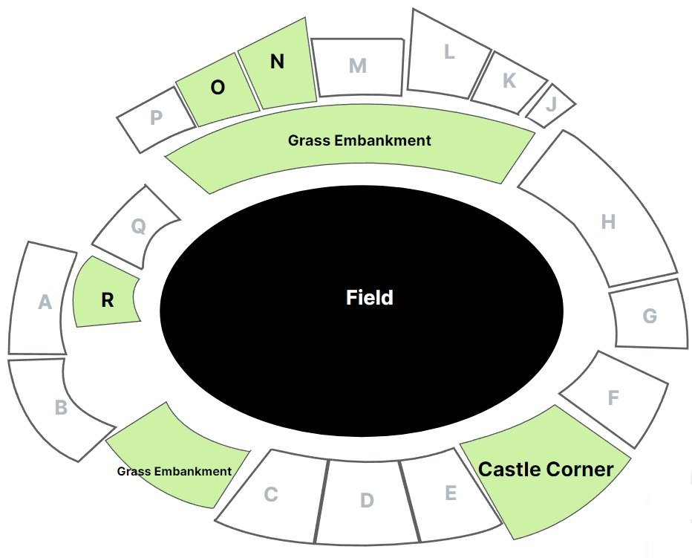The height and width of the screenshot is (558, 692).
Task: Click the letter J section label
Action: [550, 103]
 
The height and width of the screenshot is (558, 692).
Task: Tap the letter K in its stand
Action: [509, 81]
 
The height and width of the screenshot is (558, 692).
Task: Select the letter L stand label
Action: [448, 52]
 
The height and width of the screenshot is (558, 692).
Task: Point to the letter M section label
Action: [358, 66]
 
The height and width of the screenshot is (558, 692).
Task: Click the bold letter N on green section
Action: [277, 62]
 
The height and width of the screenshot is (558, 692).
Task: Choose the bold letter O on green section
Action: [218, 88]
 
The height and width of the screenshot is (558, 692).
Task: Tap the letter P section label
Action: [156, 117]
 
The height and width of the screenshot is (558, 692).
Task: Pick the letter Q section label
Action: [138, 227]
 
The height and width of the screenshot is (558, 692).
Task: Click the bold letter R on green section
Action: [108, 300]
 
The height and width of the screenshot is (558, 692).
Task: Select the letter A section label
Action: [45, 302]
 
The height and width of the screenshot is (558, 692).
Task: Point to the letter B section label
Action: [62, 407]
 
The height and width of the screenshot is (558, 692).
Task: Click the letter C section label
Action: [271, 494]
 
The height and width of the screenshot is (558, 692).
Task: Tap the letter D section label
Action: [367, 500]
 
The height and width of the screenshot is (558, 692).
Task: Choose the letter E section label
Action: [450, 493]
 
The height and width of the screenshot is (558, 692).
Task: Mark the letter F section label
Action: [613, 398]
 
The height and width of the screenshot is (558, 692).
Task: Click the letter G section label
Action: [650, 317]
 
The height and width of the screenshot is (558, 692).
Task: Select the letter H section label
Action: [608, 221]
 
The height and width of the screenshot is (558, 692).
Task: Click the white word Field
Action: [370, 298]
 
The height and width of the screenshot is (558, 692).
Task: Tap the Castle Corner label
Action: [546, 470]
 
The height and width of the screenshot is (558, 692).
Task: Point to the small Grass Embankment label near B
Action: [174, 471]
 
